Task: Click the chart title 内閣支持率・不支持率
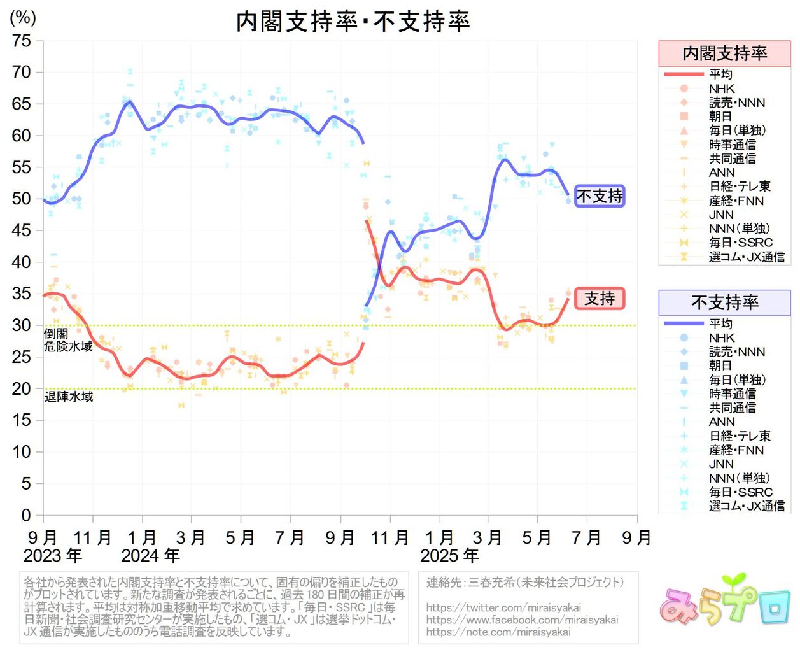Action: tap(353, 22)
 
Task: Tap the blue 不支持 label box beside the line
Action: tap(600, 196)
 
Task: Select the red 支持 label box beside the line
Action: tap(600, 298)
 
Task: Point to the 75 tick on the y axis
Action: tap(21, 41)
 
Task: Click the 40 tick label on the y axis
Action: tap(21, 262)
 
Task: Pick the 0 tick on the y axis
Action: tap(25, 514)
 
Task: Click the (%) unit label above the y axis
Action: tap(23, 17)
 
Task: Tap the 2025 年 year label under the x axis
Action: tap(449, 556)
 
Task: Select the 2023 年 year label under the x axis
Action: tap(53, 556)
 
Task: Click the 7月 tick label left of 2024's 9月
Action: tap(290, 538)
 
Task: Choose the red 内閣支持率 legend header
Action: tap(724, 53)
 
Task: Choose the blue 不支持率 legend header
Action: tap(724, 302)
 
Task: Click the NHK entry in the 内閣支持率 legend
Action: tap(722, 89)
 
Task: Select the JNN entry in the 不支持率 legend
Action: tap(721, 464)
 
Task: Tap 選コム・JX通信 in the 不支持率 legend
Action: tap(747, 506)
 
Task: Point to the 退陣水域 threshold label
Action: tap(69, 397)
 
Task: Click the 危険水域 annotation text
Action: tap(68, 346)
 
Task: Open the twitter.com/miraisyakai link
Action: tap(503, 607)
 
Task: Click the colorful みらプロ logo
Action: tap(725, 601)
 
